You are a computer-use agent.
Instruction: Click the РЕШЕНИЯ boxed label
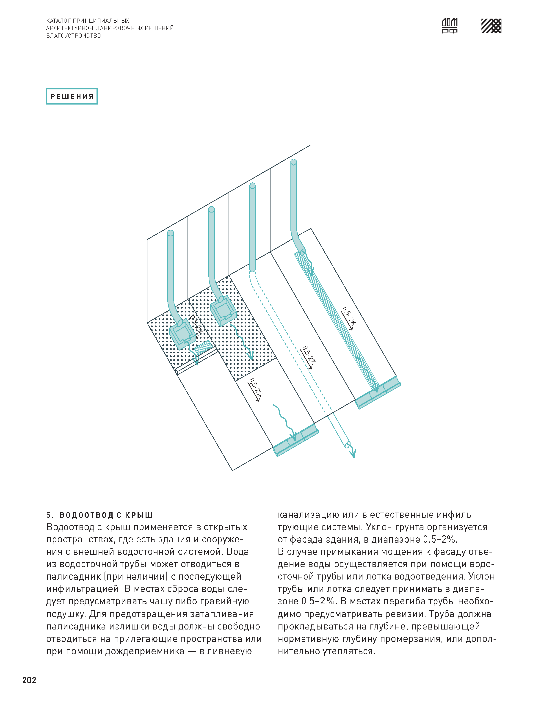(72, 97)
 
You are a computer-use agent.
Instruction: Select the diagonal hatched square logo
(491, 26)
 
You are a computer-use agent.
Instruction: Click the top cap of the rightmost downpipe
(293, 162)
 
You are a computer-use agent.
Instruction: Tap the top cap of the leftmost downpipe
(171, 233)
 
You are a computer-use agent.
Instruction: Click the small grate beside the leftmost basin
(203, 348)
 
